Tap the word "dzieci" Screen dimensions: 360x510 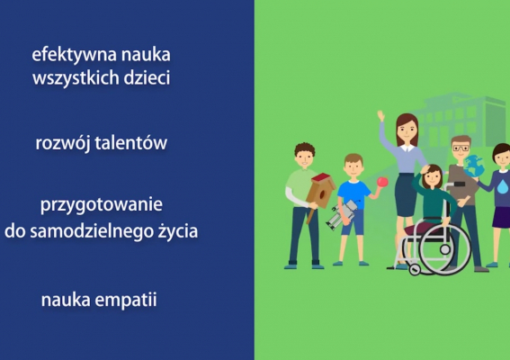[146, 77]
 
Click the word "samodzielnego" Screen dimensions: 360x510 [96, 230]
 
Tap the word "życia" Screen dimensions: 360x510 [176, 231]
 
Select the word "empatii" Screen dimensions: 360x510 [125, 300]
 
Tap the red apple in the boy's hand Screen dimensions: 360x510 [382, 182]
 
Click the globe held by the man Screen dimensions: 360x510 [473, 166]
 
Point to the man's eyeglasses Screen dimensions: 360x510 [461, 148]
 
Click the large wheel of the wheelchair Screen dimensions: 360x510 [444, 247]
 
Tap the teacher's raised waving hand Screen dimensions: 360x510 [381, 116]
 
